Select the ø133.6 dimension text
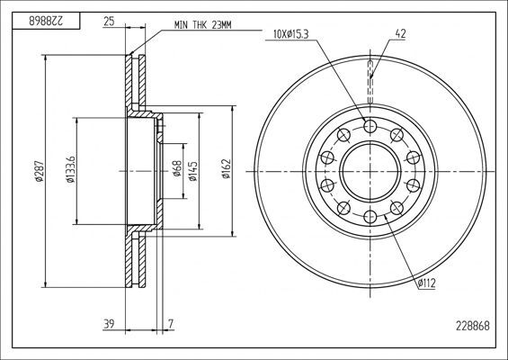tap(70, 171)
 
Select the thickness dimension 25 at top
tap(109, 20)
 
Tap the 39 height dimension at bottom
tap(109, 323)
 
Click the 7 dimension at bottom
tap(171, 323)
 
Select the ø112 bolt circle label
tap(425, 284)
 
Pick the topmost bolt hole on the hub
tap(370, 126)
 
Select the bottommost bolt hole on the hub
tap(370, 217)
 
